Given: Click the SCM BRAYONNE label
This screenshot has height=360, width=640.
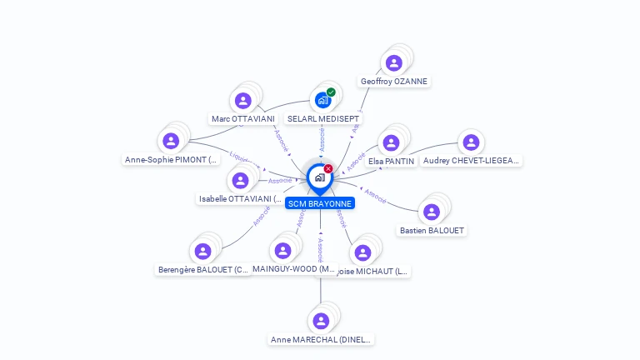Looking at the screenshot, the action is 320,203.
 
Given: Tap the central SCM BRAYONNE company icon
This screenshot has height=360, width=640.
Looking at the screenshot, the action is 319,177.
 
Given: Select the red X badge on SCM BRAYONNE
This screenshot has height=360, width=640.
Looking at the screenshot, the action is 328,169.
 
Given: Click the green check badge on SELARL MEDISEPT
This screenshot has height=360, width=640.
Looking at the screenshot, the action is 331,92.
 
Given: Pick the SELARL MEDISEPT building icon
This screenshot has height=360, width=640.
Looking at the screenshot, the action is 322,101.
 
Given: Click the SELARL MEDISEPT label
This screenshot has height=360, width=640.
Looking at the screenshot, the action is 322,119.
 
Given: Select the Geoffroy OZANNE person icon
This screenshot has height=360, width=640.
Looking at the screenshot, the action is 394,62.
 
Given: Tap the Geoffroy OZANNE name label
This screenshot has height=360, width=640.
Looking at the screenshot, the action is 395,82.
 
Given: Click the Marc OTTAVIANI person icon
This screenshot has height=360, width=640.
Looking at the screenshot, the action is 242,101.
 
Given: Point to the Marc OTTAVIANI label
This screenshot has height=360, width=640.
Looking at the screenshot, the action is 243,119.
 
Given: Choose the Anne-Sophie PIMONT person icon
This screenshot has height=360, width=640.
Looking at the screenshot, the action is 171,141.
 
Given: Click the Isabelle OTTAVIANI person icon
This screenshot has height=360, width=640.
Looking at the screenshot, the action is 240,180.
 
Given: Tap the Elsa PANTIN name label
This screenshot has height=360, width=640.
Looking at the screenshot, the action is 391,161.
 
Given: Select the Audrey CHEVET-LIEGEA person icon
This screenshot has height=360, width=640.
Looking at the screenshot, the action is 471,142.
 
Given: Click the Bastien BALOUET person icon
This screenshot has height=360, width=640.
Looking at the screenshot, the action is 431,212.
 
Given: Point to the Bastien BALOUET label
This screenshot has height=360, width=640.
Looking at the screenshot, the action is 432,230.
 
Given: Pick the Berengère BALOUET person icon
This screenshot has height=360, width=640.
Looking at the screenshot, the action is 202,251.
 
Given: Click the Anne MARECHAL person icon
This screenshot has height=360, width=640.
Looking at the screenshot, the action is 320,321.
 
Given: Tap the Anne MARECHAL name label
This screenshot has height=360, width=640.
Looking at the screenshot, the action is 322,339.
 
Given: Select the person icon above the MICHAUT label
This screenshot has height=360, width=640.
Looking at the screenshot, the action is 362,252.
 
